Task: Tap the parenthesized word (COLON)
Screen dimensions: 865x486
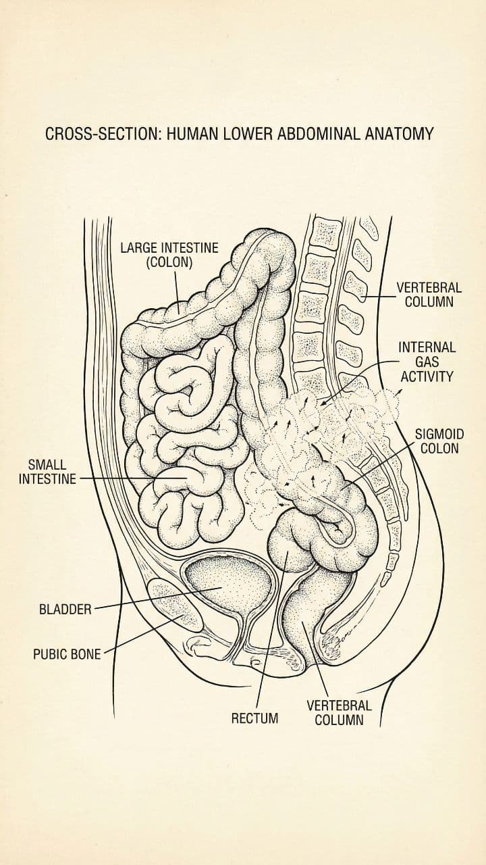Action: point(169,262)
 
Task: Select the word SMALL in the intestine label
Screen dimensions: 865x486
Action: point(47,465)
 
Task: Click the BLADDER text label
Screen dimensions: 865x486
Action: point(65,609)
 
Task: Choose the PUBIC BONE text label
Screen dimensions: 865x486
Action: point(66,654)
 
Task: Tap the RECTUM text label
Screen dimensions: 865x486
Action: point(254,718)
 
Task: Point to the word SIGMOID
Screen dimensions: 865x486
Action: point(439,434)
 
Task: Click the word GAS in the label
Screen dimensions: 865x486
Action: point(427,362)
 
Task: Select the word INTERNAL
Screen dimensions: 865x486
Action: point(427,347)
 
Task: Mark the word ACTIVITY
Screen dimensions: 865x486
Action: point(427,376)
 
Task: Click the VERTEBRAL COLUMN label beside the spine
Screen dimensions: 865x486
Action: point(429,295)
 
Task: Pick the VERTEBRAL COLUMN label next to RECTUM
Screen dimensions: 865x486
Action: point(339,712)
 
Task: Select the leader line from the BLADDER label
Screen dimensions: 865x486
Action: point(148,598)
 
